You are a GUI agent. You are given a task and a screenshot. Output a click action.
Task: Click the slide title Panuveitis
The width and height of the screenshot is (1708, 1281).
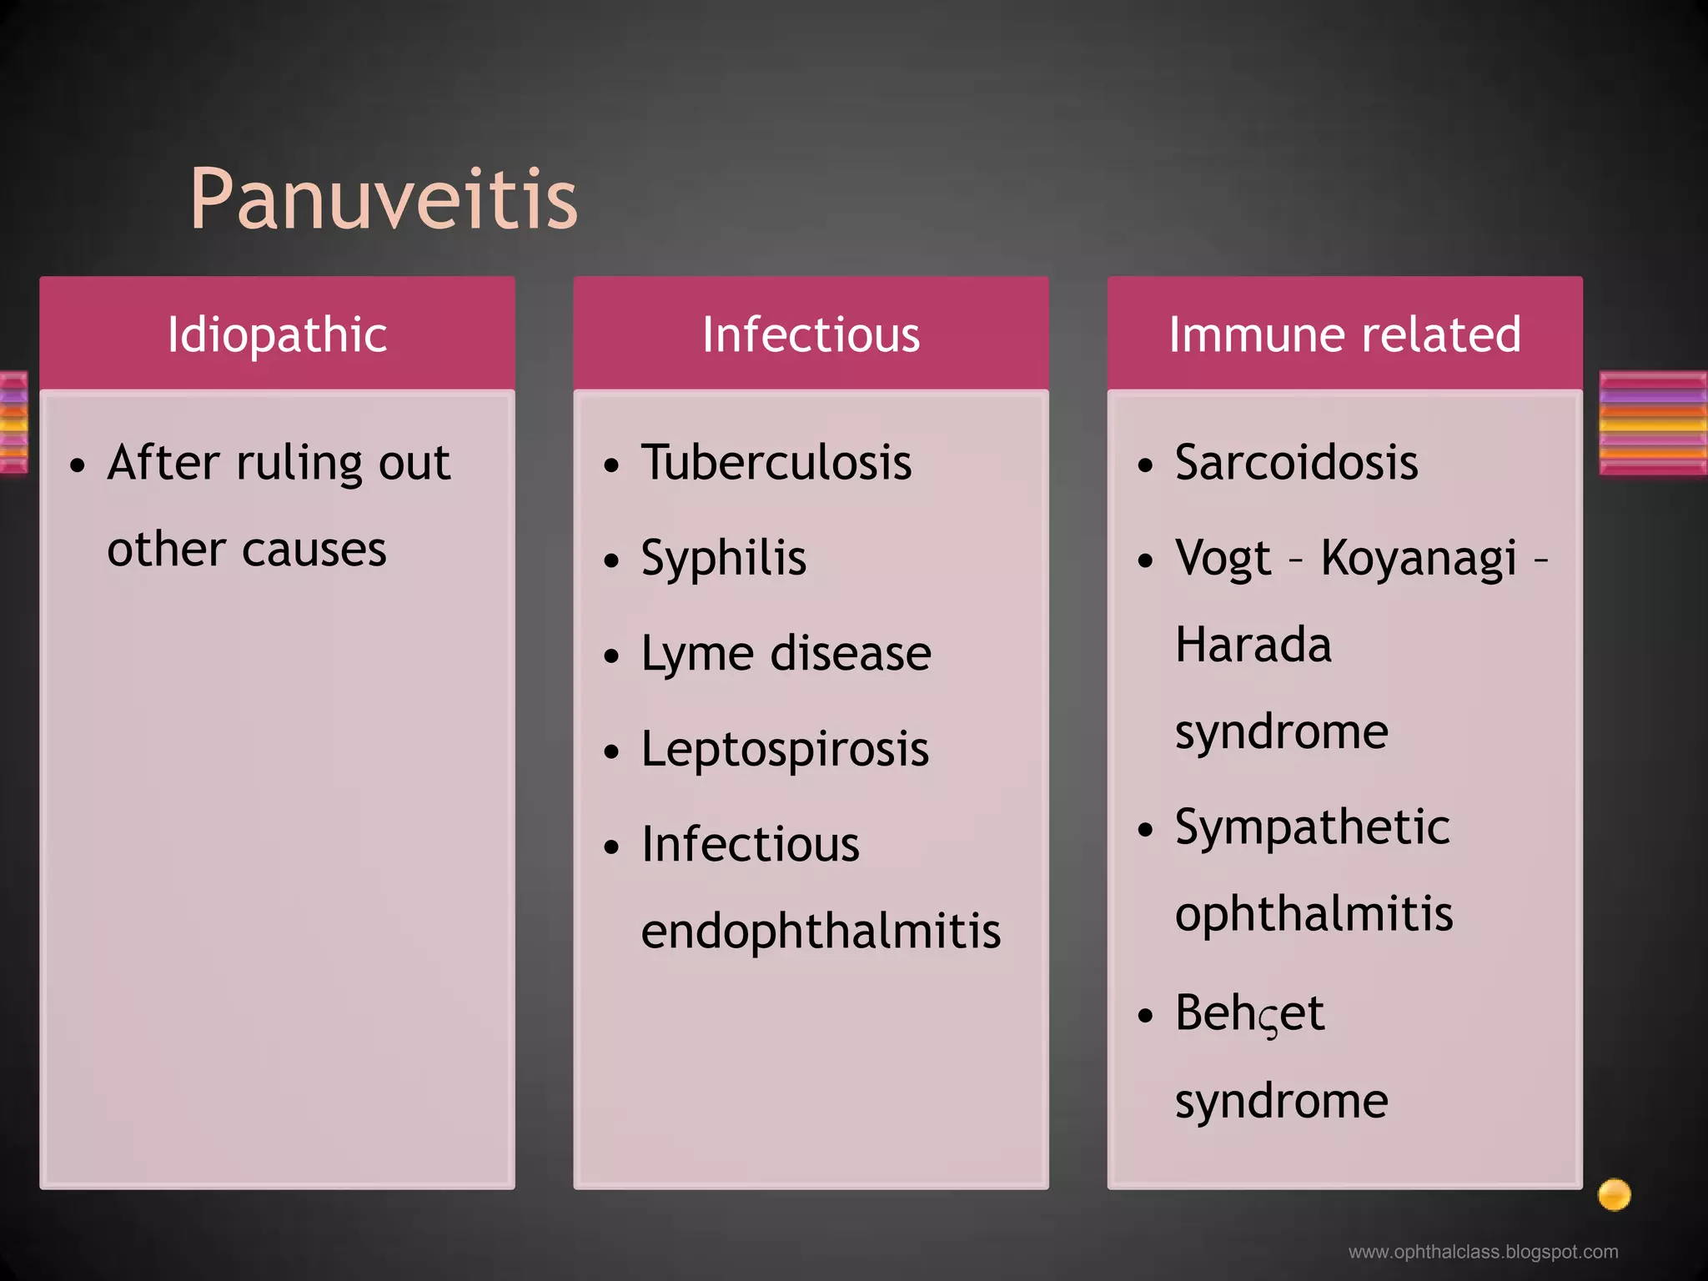pos(383,199)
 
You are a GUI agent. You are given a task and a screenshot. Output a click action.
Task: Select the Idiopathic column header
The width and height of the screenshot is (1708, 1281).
pos(277,334)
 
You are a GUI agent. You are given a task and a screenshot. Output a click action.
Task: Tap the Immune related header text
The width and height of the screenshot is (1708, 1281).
pos(1344,334)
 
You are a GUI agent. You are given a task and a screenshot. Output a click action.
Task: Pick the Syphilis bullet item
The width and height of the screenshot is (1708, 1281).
pos(723,558)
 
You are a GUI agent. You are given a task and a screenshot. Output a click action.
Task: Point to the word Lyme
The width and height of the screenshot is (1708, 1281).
pos(697,654)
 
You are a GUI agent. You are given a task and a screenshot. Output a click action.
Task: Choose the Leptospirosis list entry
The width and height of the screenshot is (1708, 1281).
pos(784,749)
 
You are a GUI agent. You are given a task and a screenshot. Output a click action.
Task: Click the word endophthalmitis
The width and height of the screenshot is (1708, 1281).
pos(821,931)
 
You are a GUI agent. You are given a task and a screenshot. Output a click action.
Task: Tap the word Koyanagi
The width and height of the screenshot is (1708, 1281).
pos(1419,558)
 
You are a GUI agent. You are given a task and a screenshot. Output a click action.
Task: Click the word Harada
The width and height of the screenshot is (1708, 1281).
pos(1253,645)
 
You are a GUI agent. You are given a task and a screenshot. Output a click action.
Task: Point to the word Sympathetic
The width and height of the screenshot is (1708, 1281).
pos(1312,827)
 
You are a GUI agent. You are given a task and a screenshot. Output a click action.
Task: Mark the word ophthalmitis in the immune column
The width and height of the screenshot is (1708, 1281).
pos(1314,913)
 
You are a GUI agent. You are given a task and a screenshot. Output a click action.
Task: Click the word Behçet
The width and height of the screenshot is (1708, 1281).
pos(1249,1013)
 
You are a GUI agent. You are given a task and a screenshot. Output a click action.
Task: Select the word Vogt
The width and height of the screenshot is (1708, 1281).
pos(1223,558)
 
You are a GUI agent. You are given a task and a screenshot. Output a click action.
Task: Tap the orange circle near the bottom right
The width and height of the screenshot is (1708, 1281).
pos(1614,1194)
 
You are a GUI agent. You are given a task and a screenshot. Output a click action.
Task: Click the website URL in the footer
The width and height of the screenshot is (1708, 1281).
pos(1483,1252)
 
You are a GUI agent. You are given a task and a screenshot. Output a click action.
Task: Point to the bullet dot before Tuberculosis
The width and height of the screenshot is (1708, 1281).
pos(612,465)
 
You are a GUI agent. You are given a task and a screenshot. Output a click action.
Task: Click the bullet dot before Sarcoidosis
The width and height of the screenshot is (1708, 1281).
pos(1146,465)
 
